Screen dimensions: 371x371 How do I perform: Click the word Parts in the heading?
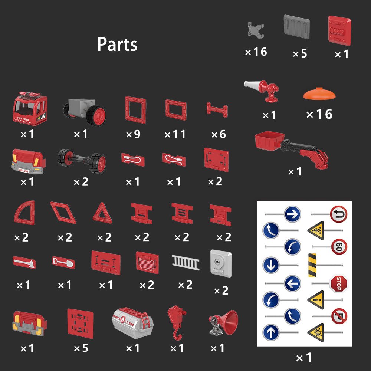click(117, 45)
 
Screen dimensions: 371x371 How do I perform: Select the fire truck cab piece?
click(30, 109)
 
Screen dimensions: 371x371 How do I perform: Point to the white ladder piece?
click(185, 264)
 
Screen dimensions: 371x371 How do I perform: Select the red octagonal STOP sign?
click(338, 283)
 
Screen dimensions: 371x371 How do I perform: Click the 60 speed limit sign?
click(339, 246)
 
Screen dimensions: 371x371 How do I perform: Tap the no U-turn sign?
click(338, 214)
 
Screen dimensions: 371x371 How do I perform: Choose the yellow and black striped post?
click(312, 265)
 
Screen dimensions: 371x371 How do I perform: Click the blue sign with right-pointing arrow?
click(292, 214)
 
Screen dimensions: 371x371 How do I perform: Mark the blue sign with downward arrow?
click(271, 265)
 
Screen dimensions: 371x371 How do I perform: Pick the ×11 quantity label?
click(175, 134)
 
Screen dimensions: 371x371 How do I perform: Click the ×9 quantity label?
click(133, 134)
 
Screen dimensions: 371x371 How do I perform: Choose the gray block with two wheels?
click(85, 111)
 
